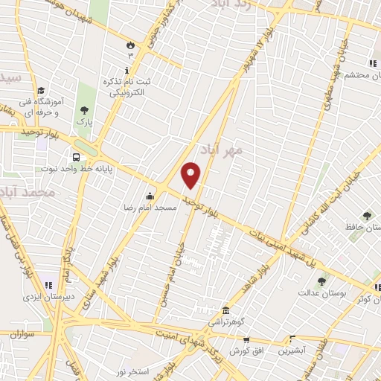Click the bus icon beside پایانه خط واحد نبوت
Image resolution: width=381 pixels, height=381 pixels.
point(77,157)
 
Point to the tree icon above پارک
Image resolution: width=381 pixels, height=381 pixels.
point(83,110)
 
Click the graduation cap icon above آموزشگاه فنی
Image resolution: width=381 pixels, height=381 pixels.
point(39,90)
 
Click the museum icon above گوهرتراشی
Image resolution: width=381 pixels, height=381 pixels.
point(225,310)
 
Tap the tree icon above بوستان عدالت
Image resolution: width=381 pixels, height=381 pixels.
point(321,281)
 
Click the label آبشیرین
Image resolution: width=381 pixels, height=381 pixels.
point(291,350)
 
